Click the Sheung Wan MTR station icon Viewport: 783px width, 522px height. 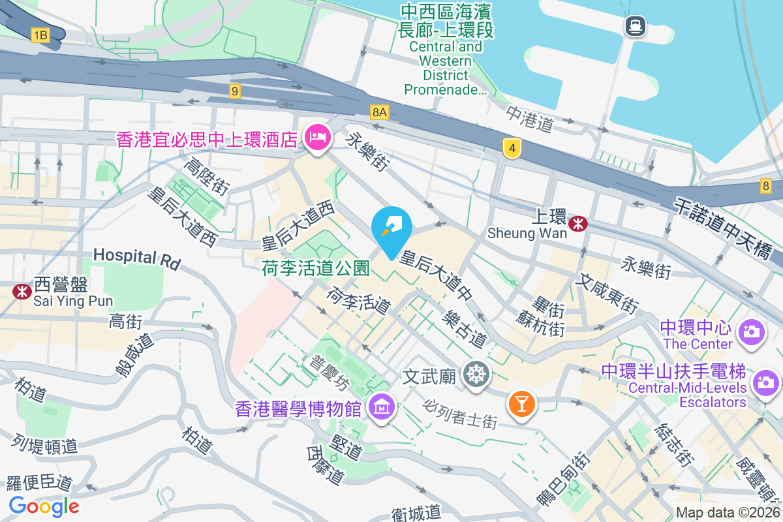click(x=577, y=224)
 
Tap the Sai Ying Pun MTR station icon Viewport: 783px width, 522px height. click(x=22, y=291)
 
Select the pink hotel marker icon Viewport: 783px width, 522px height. click(x=318, y=137)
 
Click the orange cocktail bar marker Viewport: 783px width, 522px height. click(x=521, y=402)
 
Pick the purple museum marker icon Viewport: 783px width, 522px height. click(x=380, y=408)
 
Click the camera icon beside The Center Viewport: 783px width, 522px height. click(x=751, y=331)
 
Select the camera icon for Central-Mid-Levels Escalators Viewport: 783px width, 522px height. click(x=765, y=382)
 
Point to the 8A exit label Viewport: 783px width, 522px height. click(x=379, y=112)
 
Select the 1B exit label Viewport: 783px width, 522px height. click(x=40, y=35)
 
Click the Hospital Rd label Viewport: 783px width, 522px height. click(x=136, y=257)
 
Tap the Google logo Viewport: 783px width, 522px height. click(x=44, y=506)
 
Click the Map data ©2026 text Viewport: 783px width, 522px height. click(x=727, y=512)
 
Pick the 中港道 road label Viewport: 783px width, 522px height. click(x=530, y=119)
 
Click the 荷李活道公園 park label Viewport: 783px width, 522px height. click(x=316, y=268)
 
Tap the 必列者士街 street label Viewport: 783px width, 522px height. click(x=460, y=414)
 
